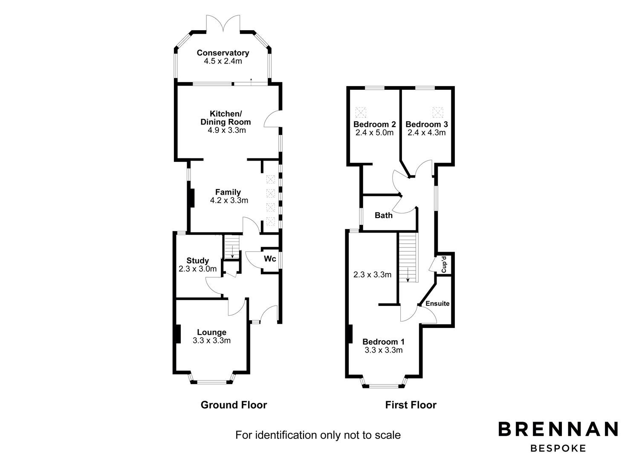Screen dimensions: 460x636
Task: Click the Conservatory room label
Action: click(223, 53)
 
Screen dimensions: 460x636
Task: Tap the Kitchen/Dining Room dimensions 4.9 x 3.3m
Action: click(226, 130)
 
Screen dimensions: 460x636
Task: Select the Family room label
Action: click(228, 192)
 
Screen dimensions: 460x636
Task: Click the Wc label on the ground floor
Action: click(270, 259)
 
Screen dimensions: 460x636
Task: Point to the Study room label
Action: click(197, 261)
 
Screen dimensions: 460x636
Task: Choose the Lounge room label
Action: click(211, 332)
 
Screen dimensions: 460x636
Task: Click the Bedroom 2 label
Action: click(375, 124)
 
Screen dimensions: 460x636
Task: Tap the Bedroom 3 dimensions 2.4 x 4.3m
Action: click(426, 132)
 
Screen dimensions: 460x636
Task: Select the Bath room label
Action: click(383, 215)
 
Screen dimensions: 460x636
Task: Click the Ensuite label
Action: click(438, 304)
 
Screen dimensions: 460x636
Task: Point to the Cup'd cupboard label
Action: click(444, 264)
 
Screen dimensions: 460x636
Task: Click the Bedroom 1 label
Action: click(383, 342)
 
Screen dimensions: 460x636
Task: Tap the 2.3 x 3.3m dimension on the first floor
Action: click(372, 275)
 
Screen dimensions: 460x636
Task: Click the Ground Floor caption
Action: click(234, 405)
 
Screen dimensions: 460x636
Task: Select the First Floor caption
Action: click(411, 405)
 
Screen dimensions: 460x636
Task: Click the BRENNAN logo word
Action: click(558, 429)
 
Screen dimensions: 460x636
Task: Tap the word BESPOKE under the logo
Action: click(558, 448)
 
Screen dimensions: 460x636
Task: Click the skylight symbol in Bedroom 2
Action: click(361, 112)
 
